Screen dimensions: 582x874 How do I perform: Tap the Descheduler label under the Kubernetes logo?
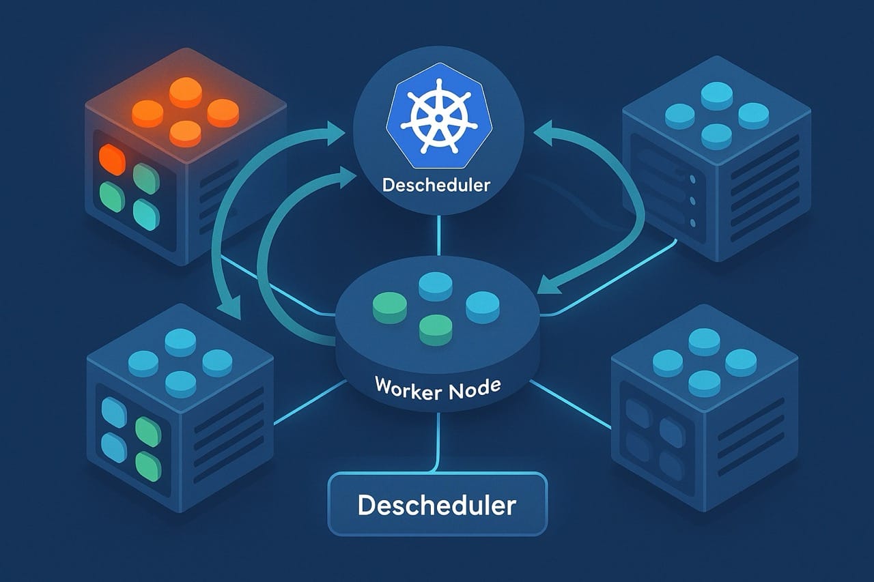436,185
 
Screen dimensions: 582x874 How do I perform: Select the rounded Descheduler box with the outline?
438,505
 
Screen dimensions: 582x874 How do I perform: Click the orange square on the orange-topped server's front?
111,159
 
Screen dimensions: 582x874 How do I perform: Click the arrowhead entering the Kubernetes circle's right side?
542,132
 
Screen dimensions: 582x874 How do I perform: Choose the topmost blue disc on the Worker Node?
437,285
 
